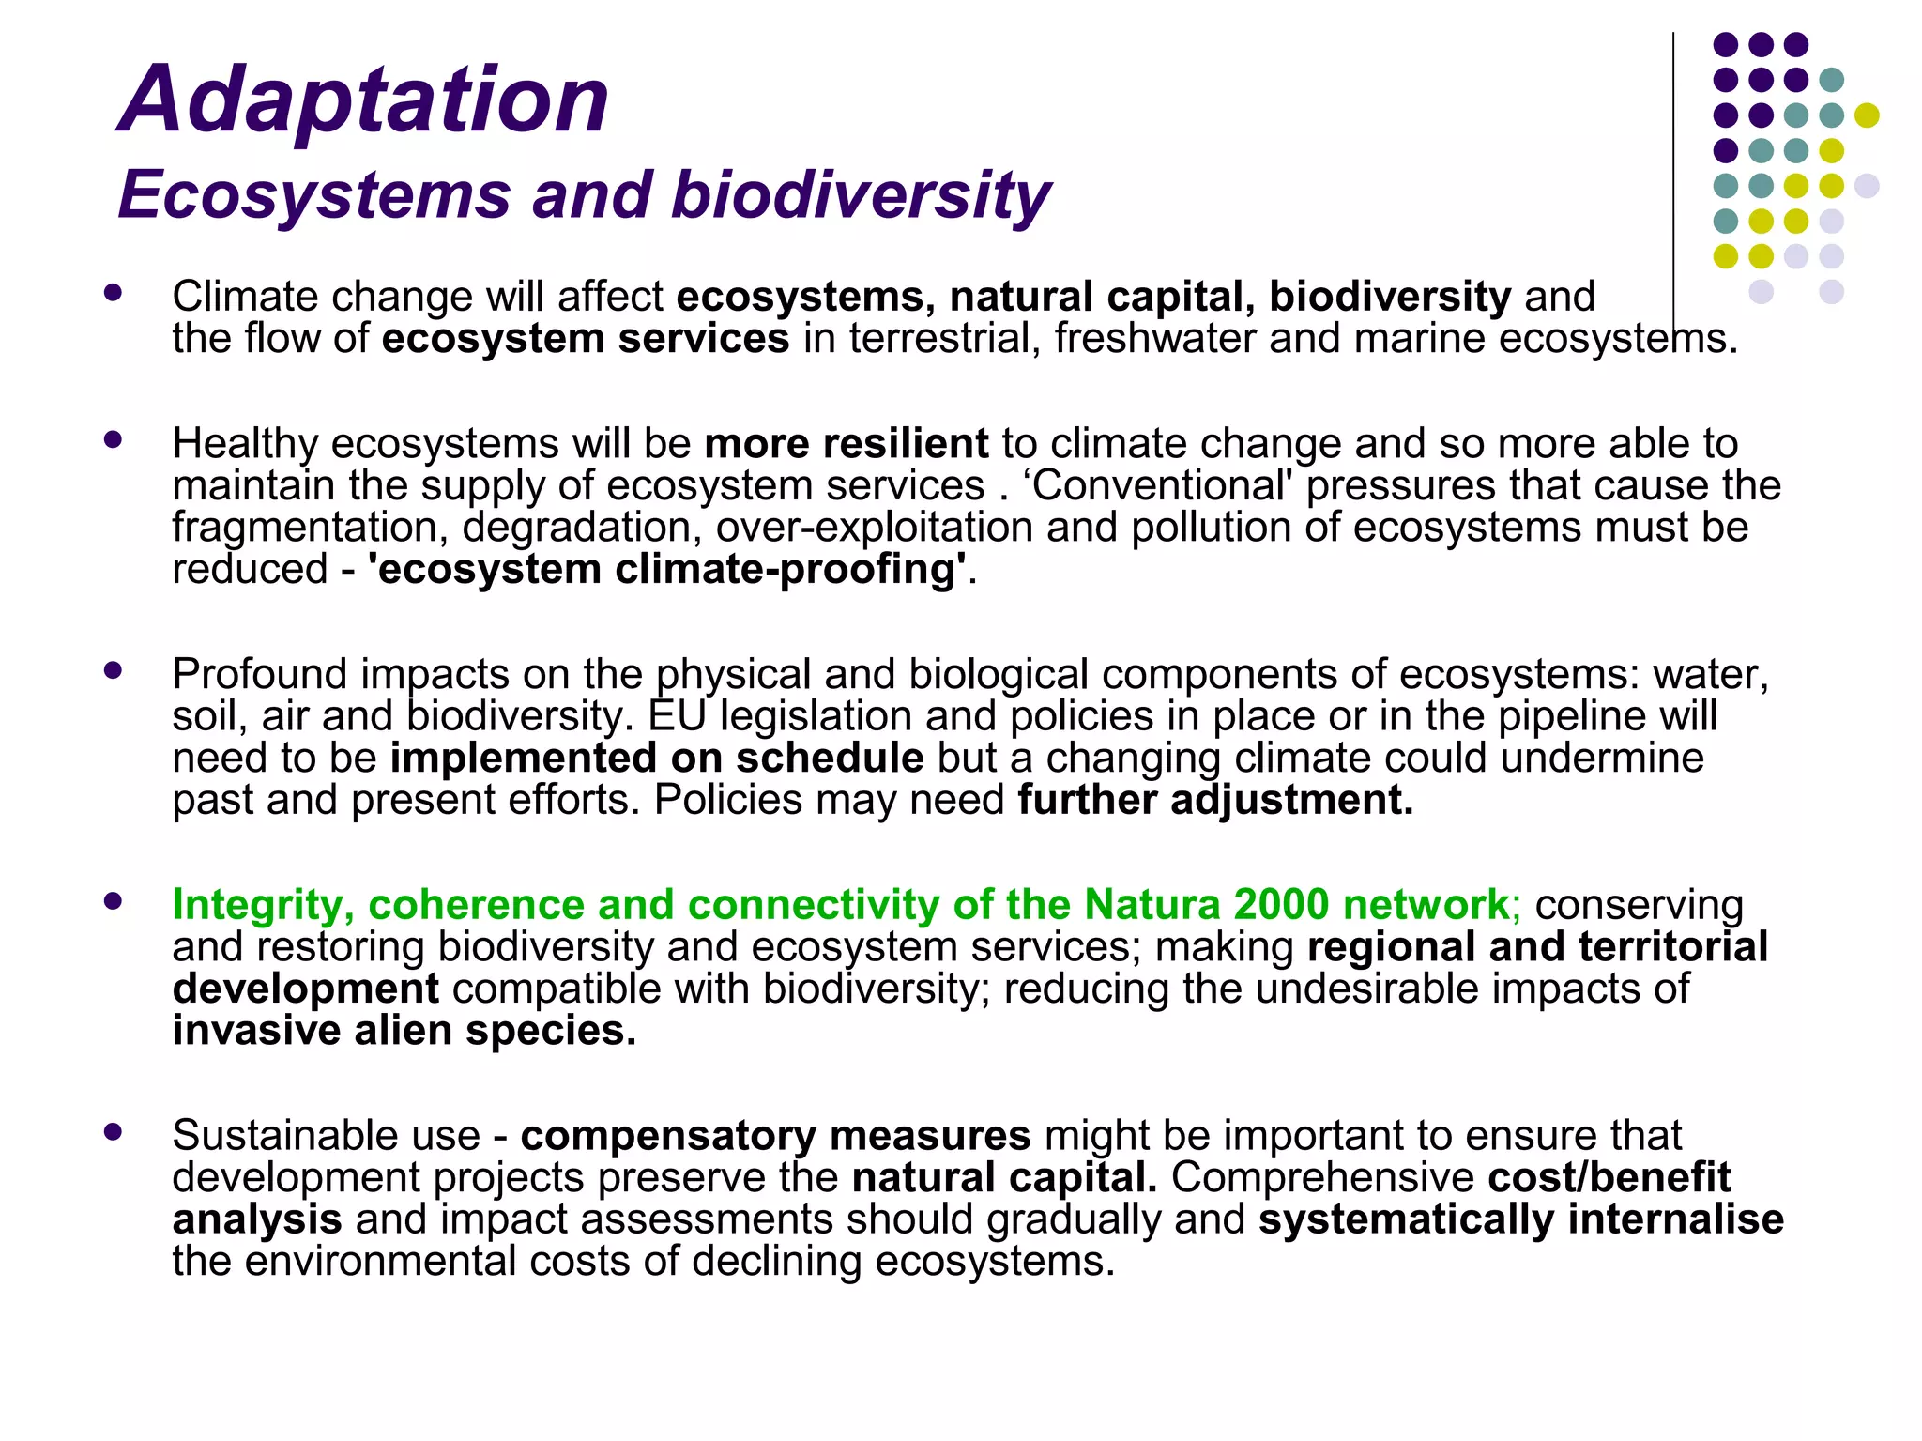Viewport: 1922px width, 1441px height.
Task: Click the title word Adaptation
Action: click(364, 100)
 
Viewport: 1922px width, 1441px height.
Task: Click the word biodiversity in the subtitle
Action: click(861, 196)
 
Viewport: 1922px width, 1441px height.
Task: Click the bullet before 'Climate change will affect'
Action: click(114, 293)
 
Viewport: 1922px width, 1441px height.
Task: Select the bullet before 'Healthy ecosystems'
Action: click(114, 439)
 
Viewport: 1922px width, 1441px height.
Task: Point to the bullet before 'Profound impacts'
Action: click(114, 670)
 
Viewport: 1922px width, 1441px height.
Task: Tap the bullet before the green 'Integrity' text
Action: click(114, 901)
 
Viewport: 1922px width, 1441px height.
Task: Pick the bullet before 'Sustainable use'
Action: click(114, 1131)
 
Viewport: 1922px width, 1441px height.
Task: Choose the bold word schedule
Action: click(830, 759)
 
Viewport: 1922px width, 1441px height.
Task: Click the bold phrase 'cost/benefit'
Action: click(1609, 1177)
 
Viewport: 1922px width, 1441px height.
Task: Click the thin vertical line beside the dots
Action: click(1672, 178)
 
